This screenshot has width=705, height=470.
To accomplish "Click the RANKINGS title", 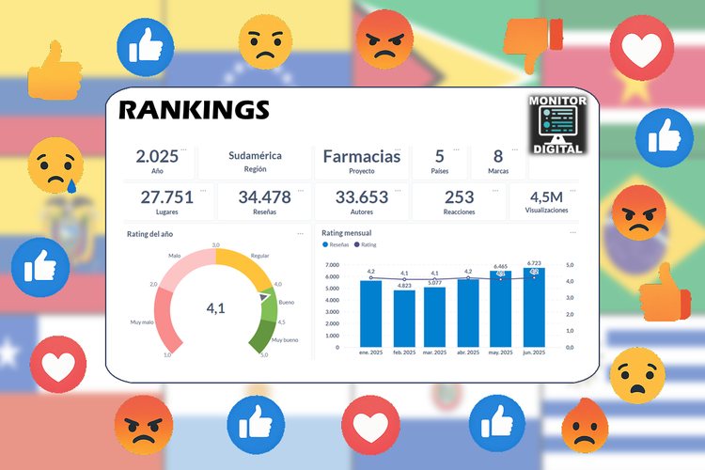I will click(194, 111).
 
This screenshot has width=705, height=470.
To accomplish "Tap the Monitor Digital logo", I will click(557, 124).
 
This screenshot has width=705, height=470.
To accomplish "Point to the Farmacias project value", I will click(362, 156).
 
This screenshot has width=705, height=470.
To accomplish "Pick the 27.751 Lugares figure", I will click(166, 196).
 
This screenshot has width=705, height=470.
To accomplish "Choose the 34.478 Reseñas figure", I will click(264, 196).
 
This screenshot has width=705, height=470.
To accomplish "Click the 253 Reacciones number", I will click(459, 196).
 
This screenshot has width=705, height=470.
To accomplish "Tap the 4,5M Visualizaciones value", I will click(547, 196).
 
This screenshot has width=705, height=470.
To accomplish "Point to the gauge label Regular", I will click(260, 255).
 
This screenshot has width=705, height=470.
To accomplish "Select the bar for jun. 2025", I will click(534, 306).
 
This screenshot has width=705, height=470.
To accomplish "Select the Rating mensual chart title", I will click(346, 232).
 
